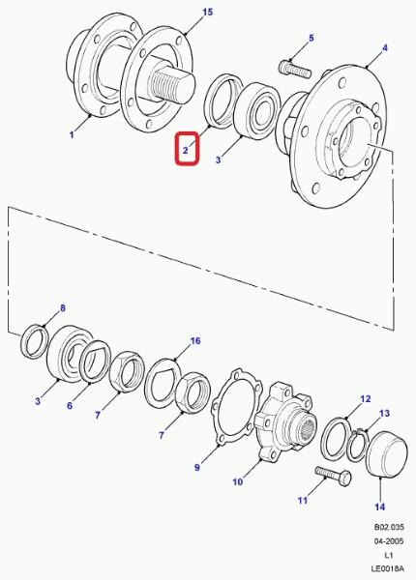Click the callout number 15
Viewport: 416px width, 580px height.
pyautogui.click(x=208, y=13)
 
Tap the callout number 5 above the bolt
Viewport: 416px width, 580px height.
pyautogui.click(x=312, y=38)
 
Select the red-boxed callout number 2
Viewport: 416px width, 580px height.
pyautogui.click(x=186, y=151)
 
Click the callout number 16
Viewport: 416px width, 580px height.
pyautogui.click(x=195, y=340)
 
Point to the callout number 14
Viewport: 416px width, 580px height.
pyautogui.click(x=380, y=507)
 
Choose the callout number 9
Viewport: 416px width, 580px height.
pyautogui.click(x=197, y=468)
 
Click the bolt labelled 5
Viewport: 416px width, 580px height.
pyautogui.click(x=295, y=70)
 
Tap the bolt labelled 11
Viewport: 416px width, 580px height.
pyautogui.click(x=334, y=476)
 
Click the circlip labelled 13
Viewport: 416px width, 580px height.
pyautogui.click(x=358, y=446)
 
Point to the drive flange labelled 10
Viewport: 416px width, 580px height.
pyautogui.click(x=285, y=422)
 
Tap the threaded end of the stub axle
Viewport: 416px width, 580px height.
pyautogui.click(x=172, y=86)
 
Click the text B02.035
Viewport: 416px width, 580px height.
pyautogui.click(x=389, y=527)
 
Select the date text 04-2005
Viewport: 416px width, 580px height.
pyautogui.click(x=389, y=541)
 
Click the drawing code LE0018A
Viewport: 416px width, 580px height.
pyautogui.click(x=388, y=568)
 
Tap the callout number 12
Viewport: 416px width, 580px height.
pyautogui.click(x=366, y=398)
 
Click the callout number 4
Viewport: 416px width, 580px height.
pyautogui.click(x=385, y=48)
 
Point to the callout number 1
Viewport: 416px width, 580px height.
pyautogui.click(x=72, y=134)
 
